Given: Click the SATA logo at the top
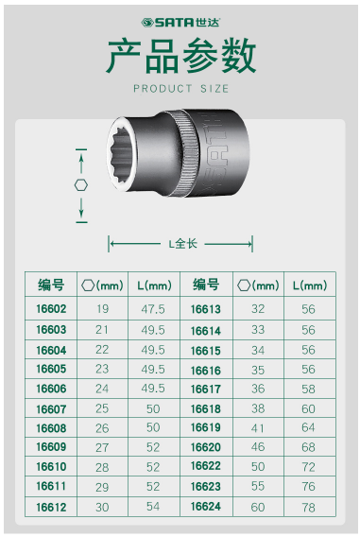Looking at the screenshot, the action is click(x=180, y=23).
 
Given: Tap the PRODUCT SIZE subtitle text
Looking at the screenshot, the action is click(x=181, y=89).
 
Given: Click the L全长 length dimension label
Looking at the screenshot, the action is click(x=182, y=244).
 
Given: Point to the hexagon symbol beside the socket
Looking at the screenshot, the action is click(x=81, y=185).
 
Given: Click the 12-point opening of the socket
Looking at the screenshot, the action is click(x=122, y=154).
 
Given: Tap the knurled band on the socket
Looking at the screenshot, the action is click(x=187, y=153).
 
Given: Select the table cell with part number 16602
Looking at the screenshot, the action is click(x=51, y=309).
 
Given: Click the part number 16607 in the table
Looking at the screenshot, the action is click(x=51, y=409).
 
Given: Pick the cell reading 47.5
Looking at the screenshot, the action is click(x=153, y=309).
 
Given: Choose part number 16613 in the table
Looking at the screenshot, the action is click(x=206, y=309).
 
